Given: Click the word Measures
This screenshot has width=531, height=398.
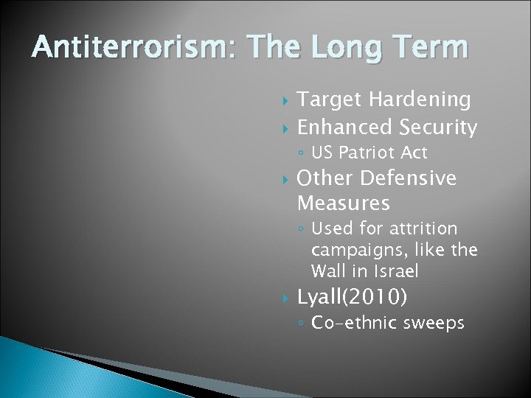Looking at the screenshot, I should tap(343, 201).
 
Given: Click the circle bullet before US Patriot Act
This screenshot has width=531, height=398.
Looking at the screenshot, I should tap(302, 154).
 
